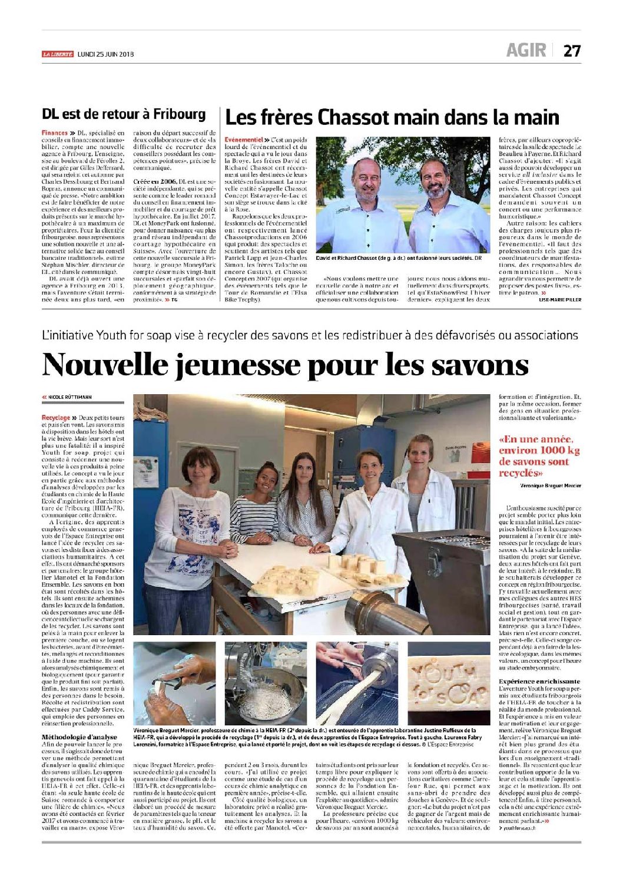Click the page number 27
(x=572, y=51)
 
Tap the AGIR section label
(x=526, y=51)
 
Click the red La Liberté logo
(x=58, y=54)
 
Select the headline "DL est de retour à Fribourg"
(x=124, y=114)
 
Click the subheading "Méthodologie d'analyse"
(x=79, y=736)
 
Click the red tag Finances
(x=55, y=133)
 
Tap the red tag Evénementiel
(x=243, y=140)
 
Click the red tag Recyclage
(x=56, y=418)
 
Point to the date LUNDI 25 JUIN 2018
(x=106, y=54)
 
